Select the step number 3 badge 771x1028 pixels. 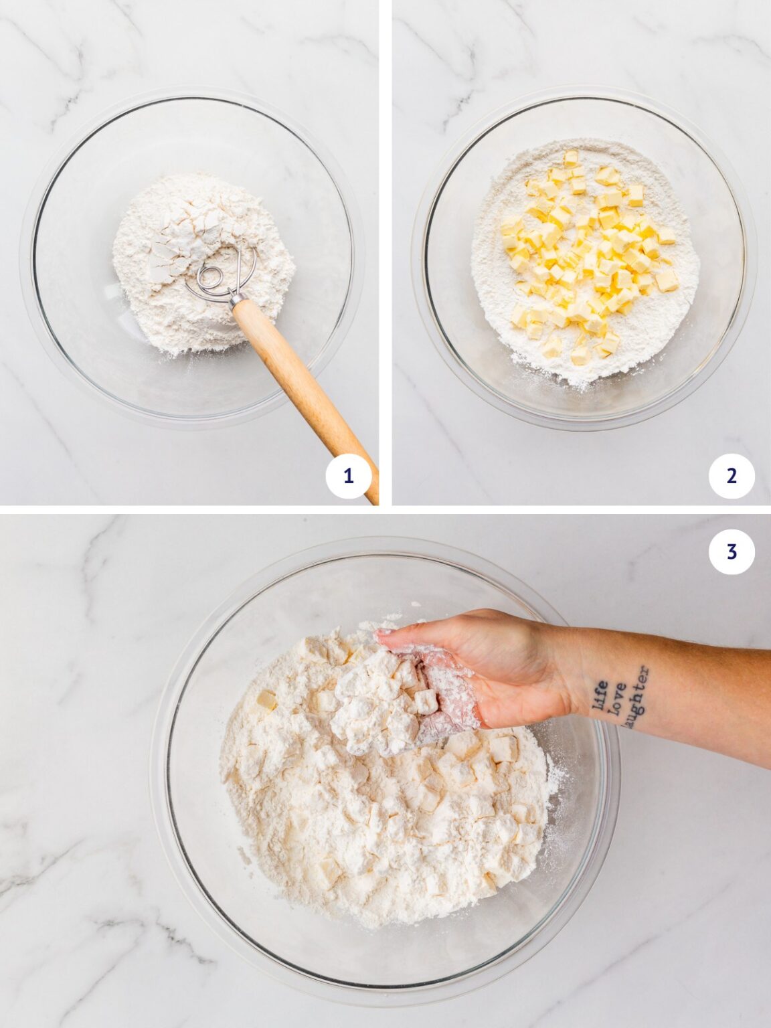point(732,551)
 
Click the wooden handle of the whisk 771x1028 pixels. point(301,381)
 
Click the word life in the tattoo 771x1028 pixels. point(601,696)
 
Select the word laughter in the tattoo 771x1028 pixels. point(636,696)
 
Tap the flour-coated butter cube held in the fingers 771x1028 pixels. point(426,701)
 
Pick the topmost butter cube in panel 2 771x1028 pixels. point(571,158)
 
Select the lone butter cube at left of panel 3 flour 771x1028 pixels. point(266,700)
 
